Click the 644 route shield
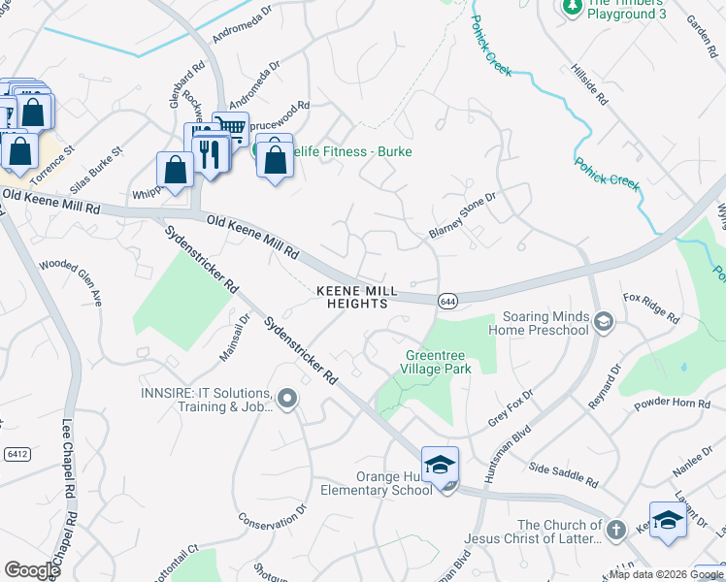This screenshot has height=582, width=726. coord(447,301)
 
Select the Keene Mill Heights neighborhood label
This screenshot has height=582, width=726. coord(352,297)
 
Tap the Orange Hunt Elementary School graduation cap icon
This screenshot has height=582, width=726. coord(440,466)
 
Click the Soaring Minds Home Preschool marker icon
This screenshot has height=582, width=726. coord(603,321)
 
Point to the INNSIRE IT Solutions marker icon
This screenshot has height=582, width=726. coord(286,399)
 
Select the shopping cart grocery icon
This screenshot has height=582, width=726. coord(230,127)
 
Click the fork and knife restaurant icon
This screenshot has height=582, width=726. coord(208,152)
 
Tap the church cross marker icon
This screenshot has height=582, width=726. coord(615,530)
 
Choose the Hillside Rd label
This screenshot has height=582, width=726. coord(588,86)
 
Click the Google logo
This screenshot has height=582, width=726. coord(32,570)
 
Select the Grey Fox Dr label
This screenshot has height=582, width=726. coord(506,412)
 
